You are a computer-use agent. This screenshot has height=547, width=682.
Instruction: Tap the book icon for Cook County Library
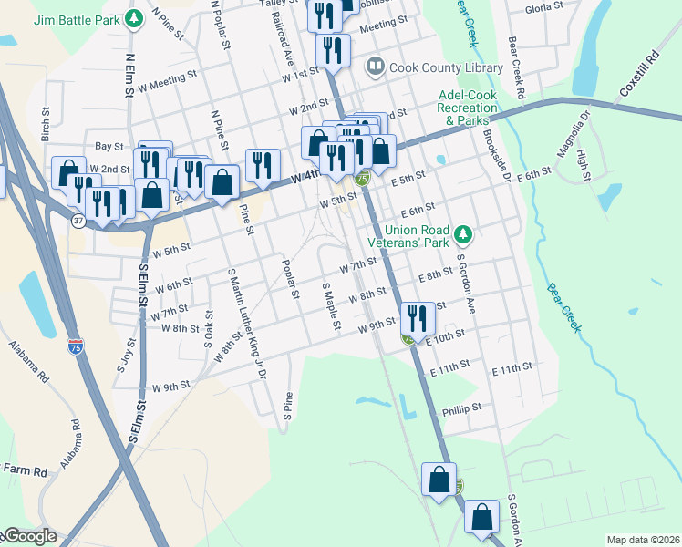375,67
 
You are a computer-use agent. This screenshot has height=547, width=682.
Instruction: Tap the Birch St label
45,119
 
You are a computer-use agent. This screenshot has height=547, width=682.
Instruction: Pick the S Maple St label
330,306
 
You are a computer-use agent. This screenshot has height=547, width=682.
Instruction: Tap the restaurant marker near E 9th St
418,319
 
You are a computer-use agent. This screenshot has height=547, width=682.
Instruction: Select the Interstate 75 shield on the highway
77,346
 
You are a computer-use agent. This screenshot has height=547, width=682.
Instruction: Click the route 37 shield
79,221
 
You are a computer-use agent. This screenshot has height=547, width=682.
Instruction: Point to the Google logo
30,537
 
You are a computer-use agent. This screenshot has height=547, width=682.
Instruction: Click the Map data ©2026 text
643,540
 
